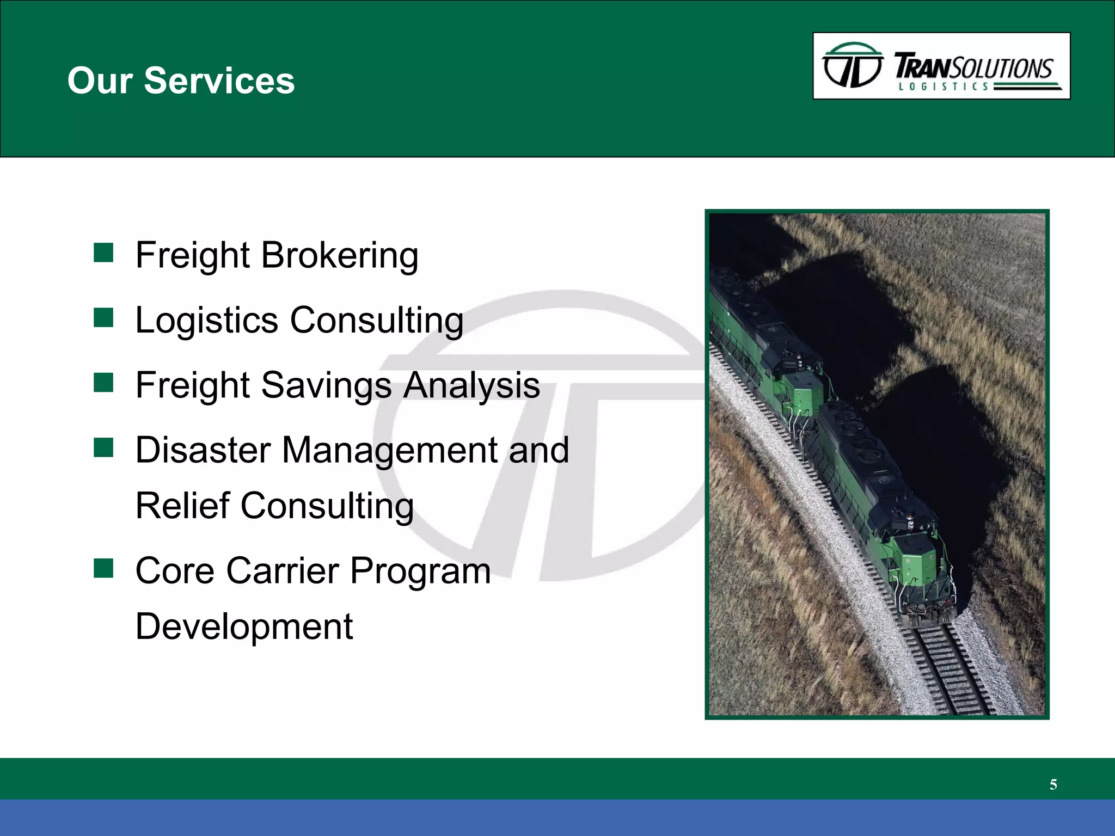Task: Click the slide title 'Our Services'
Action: pos(181,81)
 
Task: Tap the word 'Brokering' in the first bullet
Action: pos(340,255)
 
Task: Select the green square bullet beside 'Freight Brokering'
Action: pos(103,253)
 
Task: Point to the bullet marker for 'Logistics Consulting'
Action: pos(103,318)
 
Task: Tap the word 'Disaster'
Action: pos(203,450)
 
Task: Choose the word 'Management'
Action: pos(390,450)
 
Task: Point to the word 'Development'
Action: pos(244,626)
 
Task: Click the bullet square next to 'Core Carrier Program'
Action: pos(103,568)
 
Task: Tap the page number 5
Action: pos(1053,784)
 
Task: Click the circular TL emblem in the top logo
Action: pos(852,65)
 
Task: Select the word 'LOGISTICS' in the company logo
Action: pos(943,87)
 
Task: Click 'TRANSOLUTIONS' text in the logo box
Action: pos(973,67)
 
